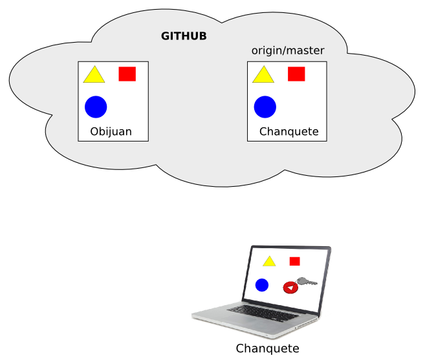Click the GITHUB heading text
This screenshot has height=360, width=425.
click(x=184, y=36)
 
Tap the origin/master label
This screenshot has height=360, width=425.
click(x=288, y=50)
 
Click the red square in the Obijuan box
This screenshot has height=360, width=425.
click(x=127, y=74)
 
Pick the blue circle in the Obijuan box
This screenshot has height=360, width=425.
click(x=96, y=107)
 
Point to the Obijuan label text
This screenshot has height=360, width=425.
click(x=111, y=132)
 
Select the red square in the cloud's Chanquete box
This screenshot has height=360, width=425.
click(x=296, y=74)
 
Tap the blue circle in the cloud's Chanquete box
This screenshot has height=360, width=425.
click(x=265, y=107)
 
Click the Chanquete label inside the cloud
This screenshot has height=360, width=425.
click(x=289, y=132)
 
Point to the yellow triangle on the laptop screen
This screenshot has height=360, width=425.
click(x=269, y=262)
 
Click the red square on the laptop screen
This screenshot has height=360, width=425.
click(x=295, y=261)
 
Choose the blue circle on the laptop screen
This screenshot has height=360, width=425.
click(x=262, y=285)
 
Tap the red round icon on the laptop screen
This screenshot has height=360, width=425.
click(x=290, y=287)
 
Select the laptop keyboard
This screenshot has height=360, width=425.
click(x=258, y=311)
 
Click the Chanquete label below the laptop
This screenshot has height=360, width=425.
click(x=267, y=349)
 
